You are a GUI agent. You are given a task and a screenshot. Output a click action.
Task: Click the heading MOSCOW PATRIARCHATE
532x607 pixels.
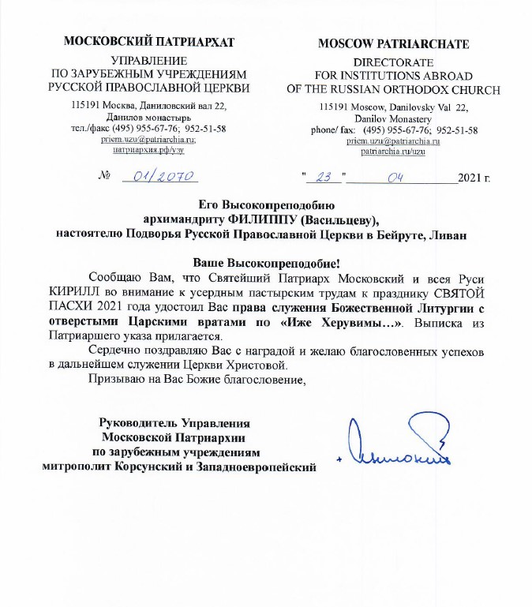click(x=393, y=43)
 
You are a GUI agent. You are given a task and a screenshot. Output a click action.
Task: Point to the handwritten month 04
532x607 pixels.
click(x=395, y=177)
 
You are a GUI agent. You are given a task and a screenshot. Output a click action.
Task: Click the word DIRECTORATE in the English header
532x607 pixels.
click(x=393, y=62)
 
